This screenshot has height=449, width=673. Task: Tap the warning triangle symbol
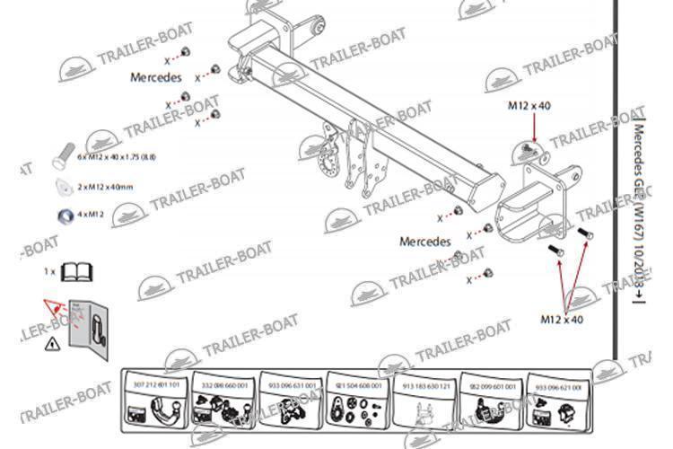[52, 342]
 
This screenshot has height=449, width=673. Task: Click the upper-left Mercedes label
[156, 77]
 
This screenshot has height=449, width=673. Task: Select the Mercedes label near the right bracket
[424, 242]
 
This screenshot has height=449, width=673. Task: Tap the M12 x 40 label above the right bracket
[530, 105]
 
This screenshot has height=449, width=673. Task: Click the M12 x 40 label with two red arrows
[563, 319]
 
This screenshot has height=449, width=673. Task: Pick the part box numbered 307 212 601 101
[153, 400]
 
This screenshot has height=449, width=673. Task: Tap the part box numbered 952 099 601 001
[490, 400]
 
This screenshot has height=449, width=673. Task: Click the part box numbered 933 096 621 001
[557, 400]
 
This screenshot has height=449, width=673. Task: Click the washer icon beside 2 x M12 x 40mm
[64, 186]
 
